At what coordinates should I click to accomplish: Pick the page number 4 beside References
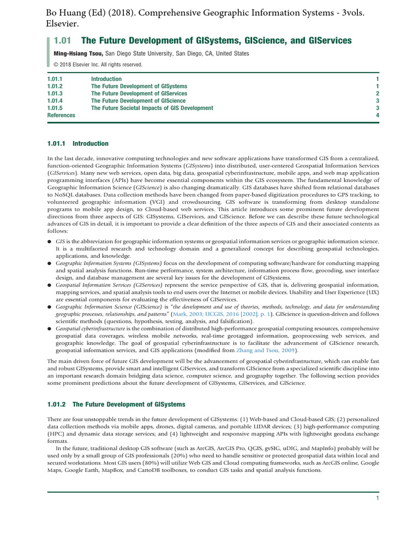click(377, 116)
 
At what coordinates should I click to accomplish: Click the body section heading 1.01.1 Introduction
click(78, 144)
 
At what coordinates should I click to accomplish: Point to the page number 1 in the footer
click(377, 498)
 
